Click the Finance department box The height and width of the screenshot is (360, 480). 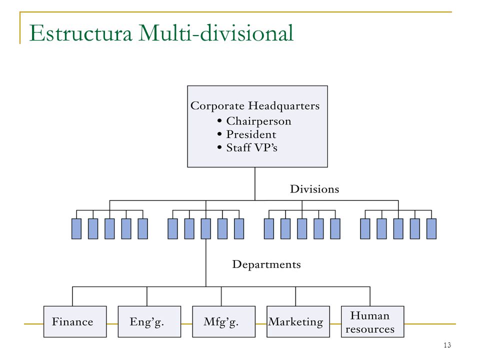(x=75, y=321)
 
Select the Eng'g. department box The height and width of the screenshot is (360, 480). (x=149, y=321)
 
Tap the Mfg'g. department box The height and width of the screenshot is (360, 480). (x=224, y=321)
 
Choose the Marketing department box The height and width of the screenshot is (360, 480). (x=298, y=321)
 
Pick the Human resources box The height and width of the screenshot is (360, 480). (x=372, y=321)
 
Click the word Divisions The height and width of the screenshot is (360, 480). (x=314, y=189)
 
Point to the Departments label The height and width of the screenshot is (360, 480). (x=266, y=264)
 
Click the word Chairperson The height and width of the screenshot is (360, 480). (x=258, y=121)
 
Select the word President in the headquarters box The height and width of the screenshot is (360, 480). (x=251, y=134)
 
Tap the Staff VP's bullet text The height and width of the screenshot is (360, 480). (x=251, y=147)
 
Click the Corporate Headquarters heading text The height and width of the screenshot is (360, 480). (x=255, y=106)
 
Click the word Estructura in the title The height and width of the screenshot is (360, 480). (x=81, y=33)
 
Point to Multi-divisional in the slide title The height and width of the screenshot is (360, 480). (x=216, y=33)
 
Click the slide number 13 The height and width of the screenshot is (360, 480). (x=447, y=345)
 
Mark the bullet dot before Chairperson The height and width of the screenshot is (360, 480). (x=219, y=121)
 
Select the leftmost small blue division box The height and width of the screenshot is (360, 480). (x=76, y=228)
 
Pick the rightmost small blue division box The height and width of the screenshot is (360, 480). (x=431, y=228)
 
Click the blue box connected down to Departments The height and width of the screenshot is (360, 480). (x=205, y=228)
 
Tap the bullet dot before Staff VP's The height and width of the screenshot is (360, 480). (x=219, y=147)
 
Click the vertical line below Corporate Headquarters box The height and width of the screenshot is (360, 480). (x=255, y=183)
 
